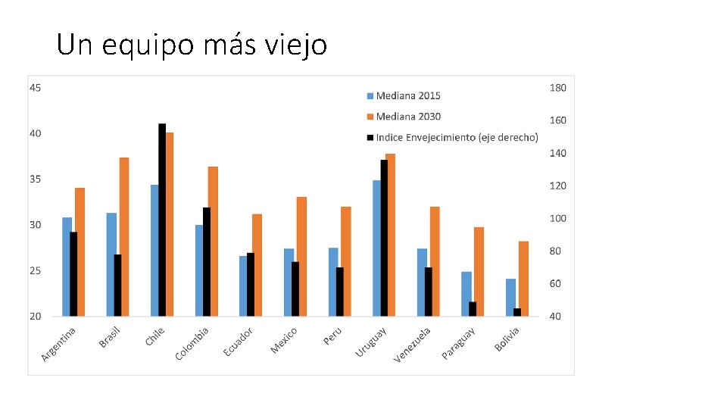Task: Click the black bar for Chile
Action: click(x=162, y=220)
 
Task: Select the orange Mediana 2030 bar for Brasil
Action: click(x=124, y=236)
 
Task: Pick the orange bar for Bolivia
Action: click(x=523, y=278)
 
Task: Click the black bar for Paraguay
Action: click(x=473, y=309)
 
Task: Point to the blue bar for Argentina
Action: click(x=67, y=267)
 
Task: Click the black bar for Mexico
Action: click(x=295, y=289)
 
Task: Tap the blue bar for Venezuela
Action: click(x=421, y=282)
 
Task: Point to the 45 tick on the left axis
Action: click(x=36, y=88)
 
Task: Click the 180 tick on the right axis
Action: click(x=557, y=88)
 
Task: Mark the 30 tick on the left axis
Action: click(x=36, y=225)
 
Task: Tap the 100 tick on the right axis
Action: click(x=557, y=218)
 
